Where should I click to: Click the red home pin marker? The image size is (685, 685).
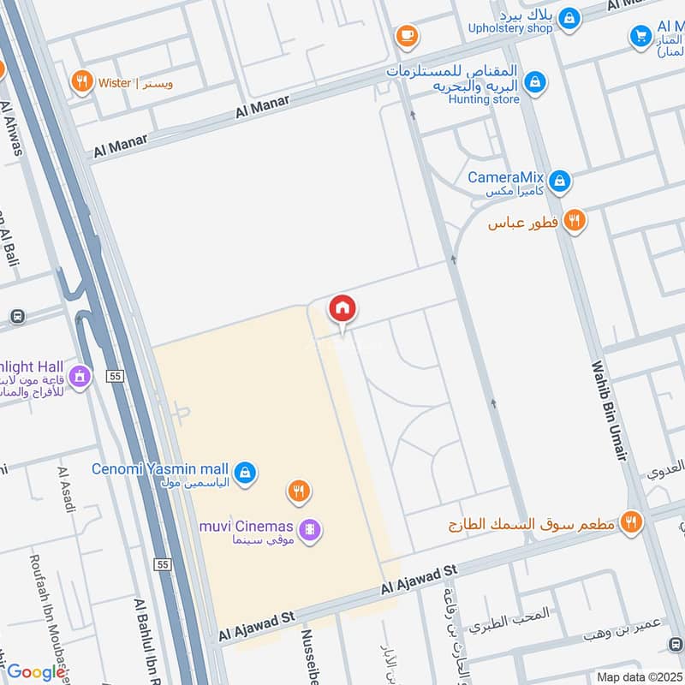point(342,309)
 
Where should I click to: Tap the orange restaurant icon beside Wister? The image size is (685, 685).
point(82,82)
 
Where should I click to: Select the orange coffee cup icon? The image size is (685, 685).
point(406,35)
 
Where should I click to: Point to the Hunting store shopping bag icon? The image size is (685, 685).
point(534,82)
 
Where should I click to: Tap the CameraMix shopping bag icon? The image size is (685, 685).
point(559,181)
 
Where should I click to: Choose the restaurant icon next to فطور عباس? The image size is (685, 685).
point(575,221)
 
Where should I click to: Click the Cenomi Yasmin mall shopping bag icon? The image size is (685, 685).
point(245,472)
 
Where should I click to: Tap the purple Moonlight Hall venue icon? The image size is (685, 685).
point(80,375)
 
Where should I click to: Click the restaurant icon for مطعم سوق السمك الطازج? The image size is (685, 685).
point(631,521)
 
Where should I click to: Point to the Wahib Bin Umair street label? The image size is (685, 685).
point(609,412)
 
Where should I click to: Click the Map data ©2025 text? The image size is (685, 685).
point(640,677)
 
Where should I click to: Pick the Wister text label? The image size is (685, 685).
point(114,83)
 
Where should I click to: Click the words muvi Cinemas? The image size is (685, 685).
point(247,526)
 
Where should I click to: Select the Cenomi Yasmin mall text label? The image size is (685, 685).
point(160,469)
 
